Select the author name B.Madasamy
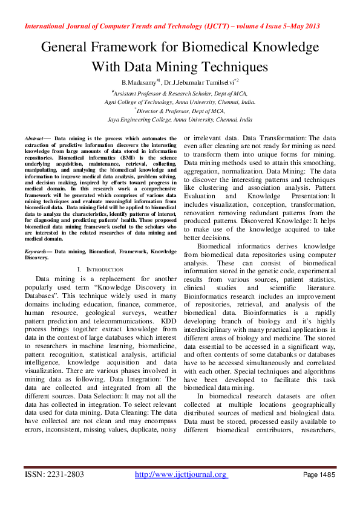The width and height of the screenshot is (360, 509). coord(139,81)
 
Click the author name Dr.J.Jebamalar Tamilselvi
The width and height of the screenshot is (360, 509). coord(191,81)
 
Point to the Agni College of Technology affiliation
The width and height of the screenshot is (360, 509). coord(180,102)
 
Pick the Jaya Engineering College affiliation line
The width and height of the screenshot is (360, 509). coord(180,120)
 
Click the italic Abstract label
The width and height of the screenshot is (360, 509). coord(35,138)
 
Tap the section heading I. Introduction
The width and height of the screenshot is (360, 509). coord(100,269)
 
